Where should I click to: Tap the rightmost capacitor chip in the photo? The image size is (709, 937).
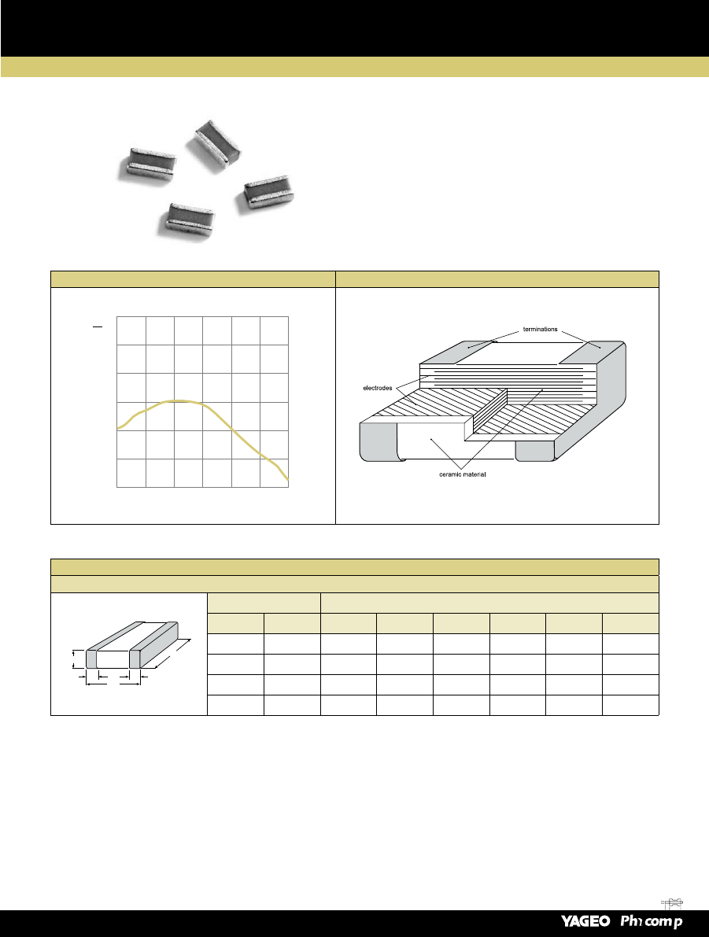(x=268, y=193)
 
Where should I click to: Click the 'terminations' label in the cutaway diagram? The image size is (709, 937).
(x=540, y=330)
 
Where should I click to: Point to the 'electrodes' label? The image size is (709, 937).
(x=377, y=389)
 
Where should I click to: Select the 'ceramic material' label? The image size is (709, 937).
(x=462, y=474)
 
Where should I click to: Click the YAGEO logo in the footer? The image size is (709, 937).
(x=585, y=920)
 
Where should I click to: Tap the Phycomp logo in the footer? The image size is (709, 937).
(x=652, y=921)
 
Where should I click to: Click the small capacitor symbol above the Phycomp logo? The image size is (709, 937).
(x=673, y=903)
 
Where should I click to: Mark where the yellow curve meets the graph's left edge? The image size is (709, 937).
(x=117, y=429)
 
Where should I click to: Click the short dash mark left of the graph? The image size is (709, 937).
(x=98, y=326)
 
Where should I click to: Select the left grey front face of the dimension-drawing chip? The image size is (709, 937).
(x=91, y=659)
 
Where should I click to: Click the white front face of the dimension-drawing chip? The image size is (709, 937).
(x=113, y=659)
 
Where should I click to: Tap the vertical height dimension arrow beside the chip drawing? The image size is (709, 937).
(x=73, y=659)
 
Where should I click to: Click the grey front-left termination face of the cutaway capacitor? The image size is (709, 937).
(x=379, y=441)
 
